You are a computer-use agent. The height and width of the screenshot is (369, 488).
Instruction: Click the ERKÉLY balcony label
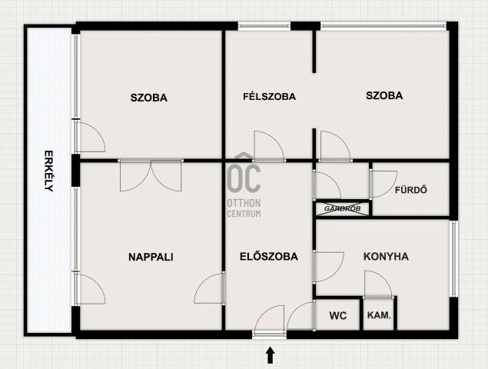point(48,171)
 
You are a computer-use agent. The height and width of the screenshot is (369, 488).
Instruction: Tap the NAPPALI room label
point(151,257)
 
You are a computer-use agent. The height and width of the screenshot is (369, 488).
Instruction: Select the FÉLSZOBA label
point(269,97)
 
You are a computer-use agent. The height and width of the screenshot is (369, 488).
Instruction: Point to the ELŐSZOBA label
point(269,256)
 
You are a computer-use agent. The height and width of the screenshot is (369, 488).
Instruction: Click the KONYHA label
point(386,256)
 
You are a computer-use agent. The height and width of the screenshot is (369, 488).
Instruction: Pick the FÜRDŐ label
point(411,190)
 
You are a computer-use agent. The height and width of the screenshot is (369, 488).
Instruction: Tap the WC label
point(338,315)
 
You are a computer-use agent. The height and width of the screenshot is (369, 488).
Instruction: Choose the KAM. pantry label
point(379,315)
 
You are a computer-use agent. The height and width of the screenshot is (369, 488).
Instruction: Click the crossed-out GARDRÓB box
point(343,208)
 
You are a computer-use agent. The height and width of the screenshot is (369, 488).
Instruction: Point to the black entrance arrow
point(271,356)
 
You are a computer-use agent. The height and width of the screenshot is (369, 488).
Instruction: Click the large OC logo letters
point(244,178)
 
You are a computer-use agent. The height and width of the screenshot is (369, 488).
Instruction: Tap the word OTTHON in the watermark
point(244,203)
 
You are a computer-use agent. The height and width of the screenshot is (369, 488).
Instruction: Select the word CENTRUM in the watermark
point(244,214)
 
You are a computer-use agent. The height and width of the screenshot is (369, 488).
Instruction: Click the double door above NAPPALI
point(151,175)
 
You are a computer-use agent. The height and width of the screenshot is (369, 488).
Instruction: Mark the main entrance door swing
point(270,320)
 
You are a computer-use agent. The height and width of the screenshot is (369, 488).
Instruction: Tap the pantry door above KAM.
point(378,284)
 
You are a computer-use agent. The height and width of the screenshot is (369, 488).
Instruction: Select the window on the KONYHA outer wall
point(453,258)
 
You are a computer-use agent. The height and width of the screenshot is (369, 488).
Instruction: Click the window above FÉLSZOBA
point(264,26)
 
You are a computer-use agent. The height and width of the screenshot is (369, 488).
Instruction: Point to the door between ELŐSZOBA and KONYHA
point(329,268)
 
